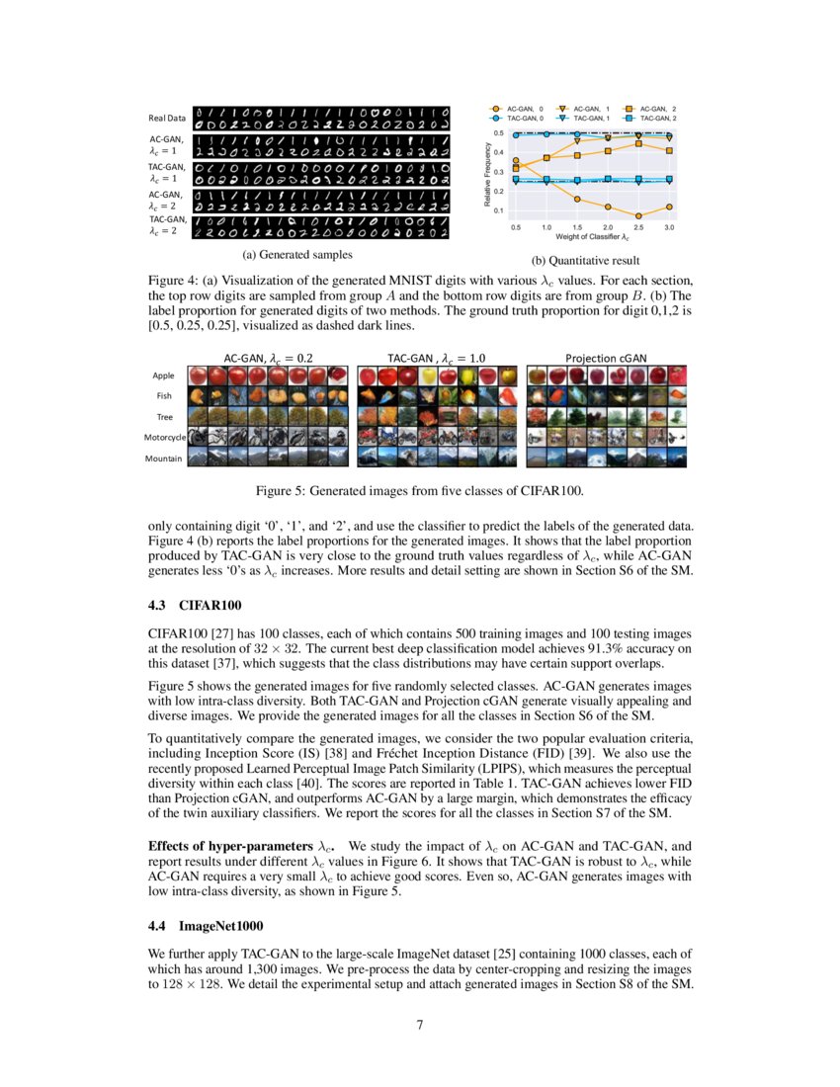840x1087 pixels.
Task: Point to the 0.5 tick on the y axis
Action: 500,132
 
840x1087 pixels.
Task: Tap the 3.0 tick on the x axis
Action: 670,227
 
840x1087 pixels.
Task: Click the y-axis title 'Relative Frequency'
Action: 487,173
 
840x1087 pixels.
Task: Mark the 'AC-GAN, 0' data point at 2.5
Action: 639,215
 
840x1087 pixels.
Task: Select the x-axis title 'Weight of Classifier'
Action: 590,238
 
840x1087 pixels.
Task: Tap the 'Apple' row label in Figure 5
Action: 163,376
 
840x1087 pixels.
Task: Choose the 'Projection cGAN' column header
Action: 605,357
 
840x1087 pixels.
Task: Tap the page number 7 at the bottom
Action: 420,1024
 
